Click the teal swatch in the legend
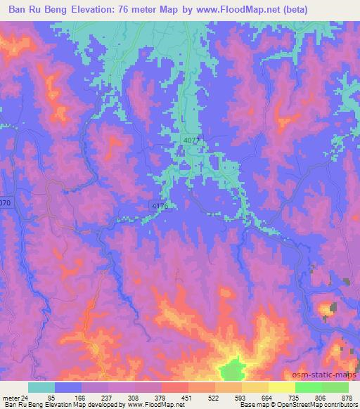pyautogui.click(x=41, y=387)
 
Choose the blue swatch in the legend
pyautogui.click(x=68, y=387)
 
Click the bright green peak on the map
pyautogui.click(x=234, y=368)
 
